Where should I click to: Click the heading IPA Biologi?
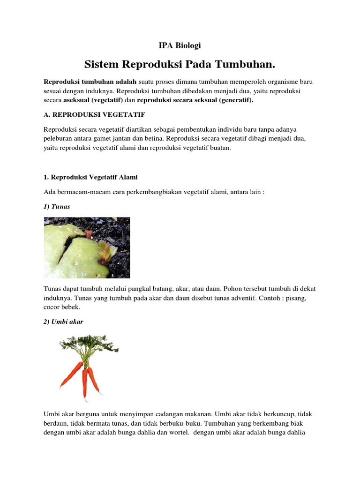click(x=180, y=45)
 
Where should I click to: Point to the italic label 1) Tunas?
click(x=57, y=206)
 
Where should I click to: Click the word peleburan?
click(x=59, y=138)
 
